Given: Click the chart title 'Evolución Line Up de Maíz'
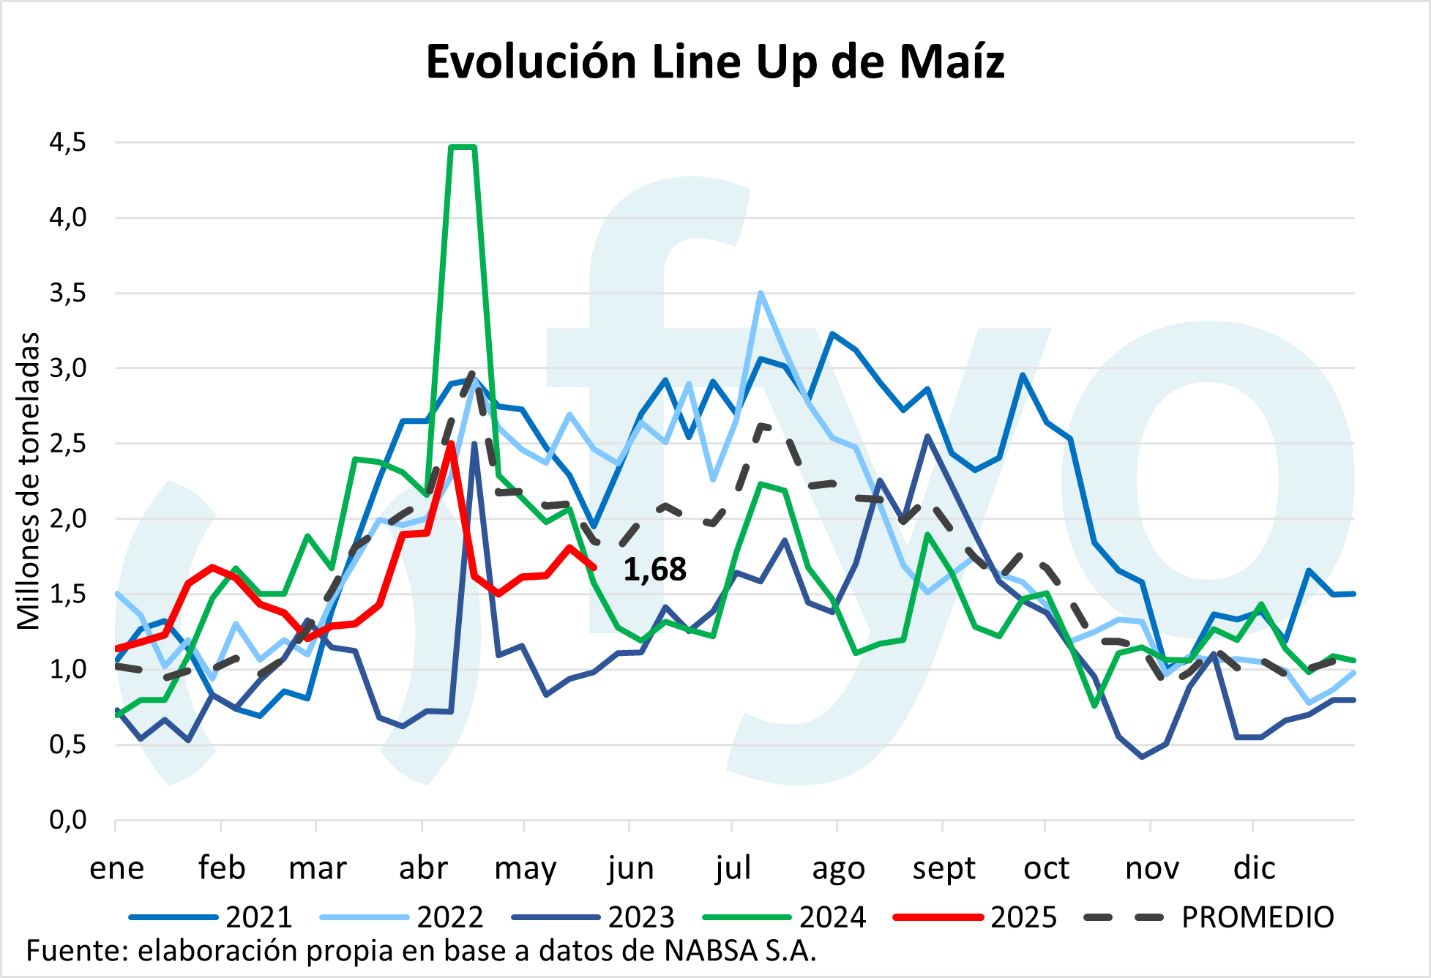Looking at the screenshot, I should [715, 61].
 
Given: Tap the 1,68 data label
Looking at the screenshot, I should [654, 570].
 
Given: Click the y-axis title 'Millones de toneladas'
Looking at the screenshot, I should [29, 481].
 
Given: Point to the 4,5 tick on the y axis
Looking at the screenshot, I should [67, 142].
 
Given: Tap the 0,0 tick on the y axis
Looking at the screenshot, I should [67, 820].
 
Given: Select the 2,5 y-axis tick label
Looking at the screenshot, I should [67, 444].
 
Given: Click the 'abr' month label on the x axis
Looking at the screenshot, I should [423, 869].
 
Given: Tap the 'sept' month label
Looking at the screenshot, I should [944, 869].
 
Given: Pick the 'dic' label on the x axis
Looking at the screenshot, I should [1254, 869].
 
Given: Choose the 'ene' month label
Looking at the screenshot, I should [117, 869].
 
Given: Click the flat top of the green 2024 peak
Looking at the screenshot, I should [463, 147].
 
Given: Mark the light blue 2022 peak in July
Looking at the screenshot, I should [761, 293].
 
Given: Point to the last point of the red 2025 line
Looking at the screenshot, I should [594, 567].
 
